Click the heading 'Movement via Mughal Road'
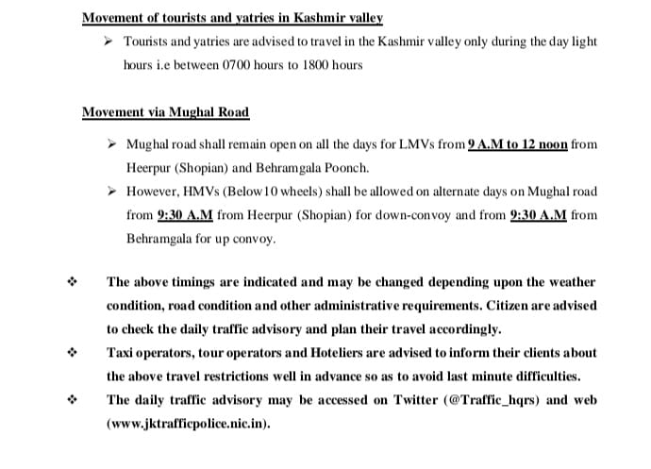(165, 112)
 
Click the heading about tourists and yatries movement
(232, 18)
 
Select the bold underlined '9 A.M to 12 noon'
(517, 145)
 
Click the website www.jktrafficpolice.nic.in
(187, 423)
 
